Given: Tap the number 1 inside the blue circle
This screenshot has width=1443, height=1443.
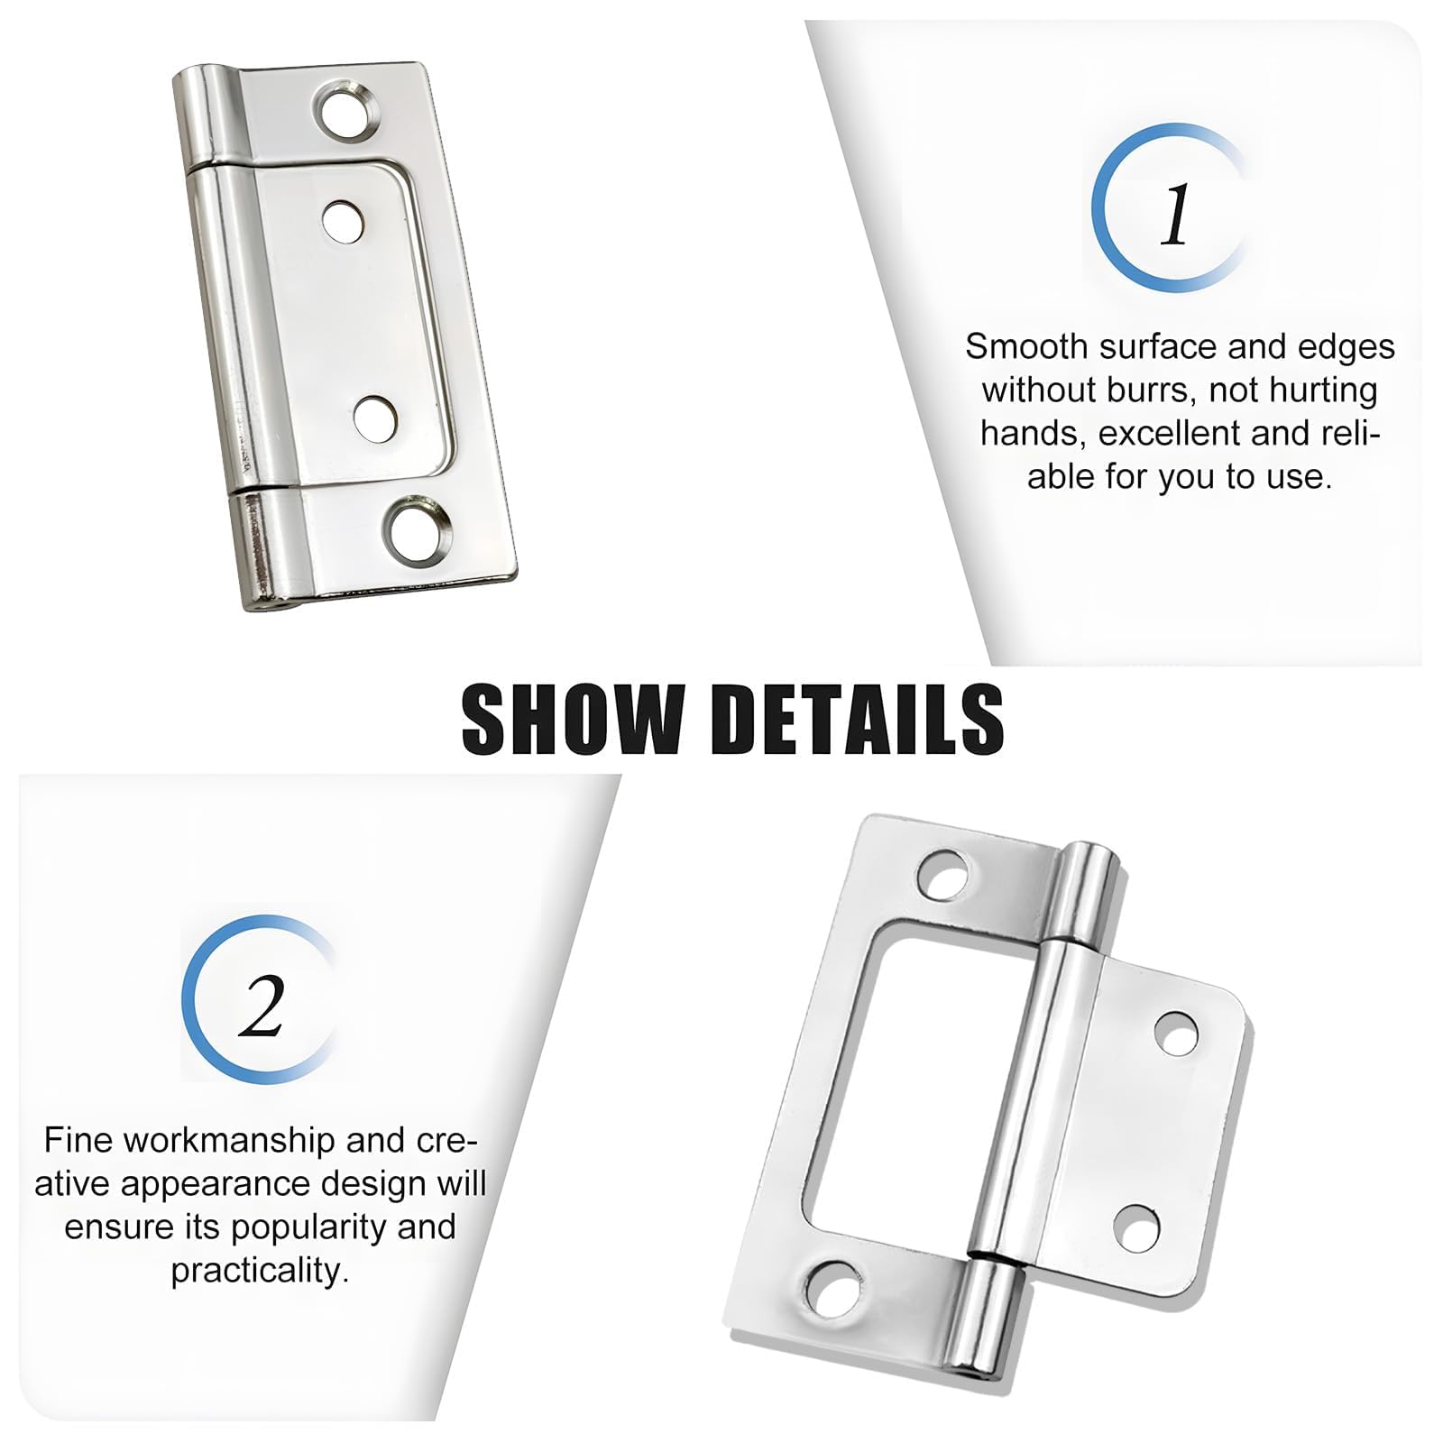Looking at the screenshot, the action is point(1175,216).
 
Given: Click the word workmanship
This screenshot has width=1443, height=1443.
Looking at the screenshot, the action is point(229,1141).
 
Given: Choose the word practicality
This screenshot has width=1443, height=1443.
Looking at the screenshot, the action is point(261,1272).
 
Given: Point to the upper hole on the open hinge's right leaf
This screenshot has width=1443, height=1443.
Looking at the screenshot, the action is point(1177,1033).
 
